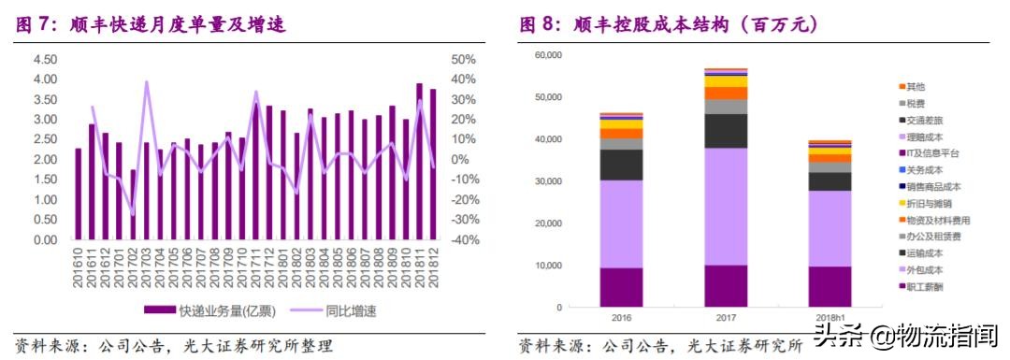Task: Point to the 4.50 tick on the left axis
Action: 45,59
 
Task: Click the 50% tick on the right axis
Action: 464,59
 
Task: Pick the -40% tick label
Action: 465,239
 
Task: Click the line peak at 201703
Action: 147,82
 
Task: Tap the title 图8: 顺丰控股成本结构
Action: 670,25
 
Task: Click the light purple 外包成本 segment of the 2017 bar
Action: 725,206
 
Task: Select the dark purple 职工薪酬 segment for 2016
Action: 620,287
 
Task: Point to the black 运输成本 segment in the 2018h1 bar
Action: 830,181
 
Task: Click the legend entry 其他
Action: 916,86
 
